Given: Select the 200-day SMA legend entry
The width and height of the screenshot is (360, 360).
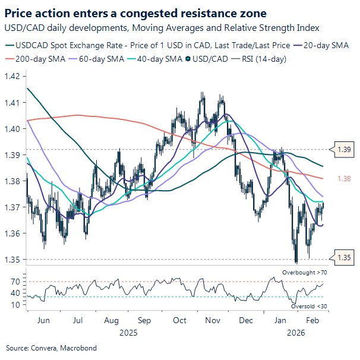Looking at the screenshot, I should tap(39, 59).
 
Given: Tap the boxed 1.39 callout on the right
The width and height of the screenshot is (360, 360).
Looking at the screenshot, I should tap(344, 150).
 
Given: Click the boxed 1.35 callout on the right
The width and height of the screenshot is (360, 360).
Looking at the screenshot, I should tap(344, 258).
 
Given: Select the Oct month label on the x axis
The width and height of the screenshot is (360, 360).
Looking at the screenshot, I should tap(179, 320).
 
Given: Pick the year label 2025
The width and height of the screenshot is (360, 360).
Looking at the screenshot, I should tap(128, 333).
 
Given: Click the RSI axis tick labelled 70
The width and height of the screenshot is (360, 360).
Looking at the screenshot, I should tap(16, 281).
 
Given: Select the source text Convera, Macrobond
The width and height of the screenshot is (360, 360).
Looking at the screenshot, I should tap(51, 348).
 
